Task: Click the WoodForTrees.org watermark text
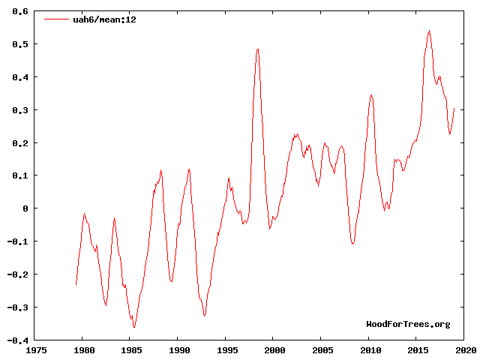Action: coord(408,324)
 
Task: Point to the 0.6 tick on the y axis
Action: coord(19,12)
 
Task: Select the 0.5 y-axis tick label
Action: coord(19,44)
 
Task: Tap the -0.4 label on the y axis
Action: coord(16,340)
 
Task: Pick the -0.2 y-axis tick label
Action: coord(16,274)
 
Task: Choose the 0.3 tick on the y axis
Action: coord(19,110)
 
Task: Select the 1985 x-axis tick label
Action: coord(130,350)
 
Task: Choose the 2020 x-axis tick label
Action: coord(464,350)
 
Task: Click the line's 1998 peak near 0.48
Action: coord(257,49)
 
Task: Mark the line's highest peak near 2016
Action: coord(429,31)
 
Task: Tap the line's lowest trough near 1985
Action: coord(134,327)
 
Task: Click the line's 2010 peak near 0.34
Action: coord(371,95)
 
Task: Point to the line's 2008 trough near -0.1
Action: coord(352,244)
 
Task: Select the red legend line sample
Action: coord(56,19)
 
